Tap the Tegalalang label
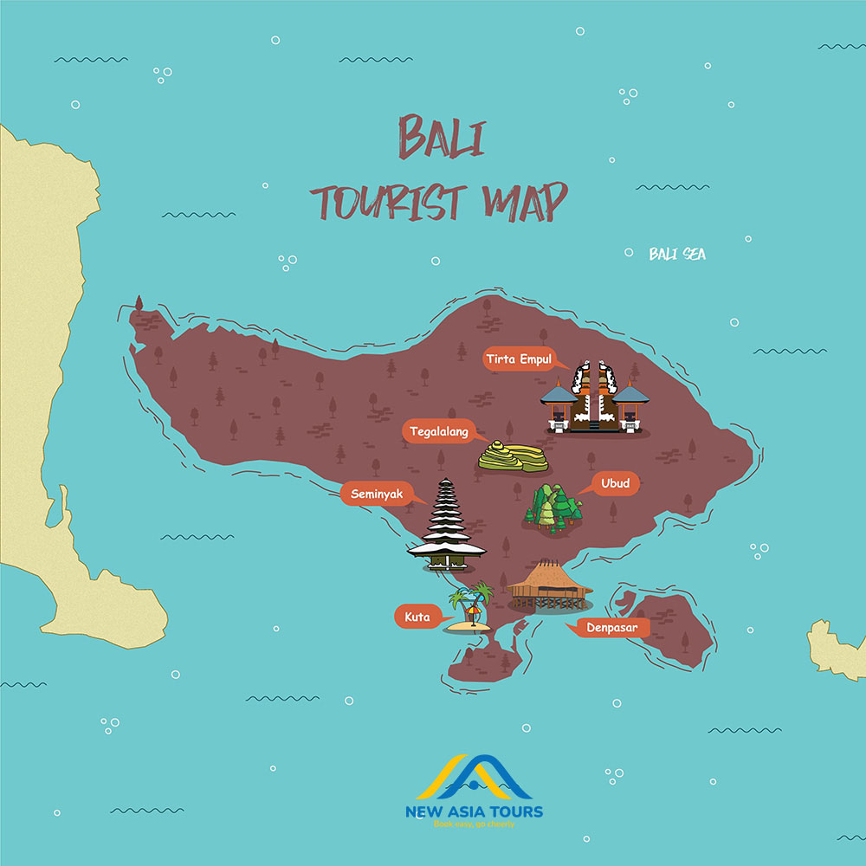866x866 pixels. [x=437, y=431]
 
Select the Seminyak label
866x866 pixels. [x=377, y=494]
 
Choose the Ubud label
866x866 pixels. [x=617, y=483]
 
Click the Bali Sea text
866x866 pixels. [x=677, y=254]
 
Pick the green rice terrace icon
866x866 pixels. [x=513, y=456]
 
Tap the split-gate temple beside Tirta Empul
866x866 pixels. [x=595, y=397]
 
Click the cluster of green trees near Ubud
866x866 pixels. [x=552, y=507]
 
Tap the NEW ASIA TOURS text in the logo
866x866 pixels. [x=475, y=811]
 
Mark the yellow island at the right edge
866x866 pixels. [x=837, y=648]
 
